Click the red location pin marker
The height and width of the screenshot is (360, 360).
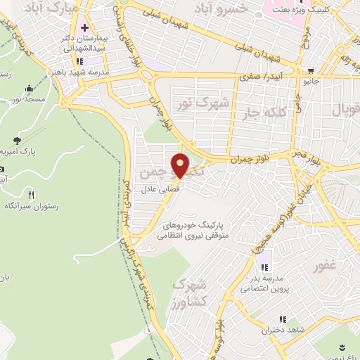click(x=181, y=165)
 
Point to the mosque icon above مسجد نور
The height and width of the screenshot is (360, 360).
click(x=27, y=89)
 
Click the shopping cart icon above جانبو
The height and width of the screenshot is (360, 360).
click(x=311, y=70)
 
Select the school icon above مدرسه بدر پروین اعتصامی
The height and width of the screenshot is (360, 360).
click(x=264, y=266)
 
